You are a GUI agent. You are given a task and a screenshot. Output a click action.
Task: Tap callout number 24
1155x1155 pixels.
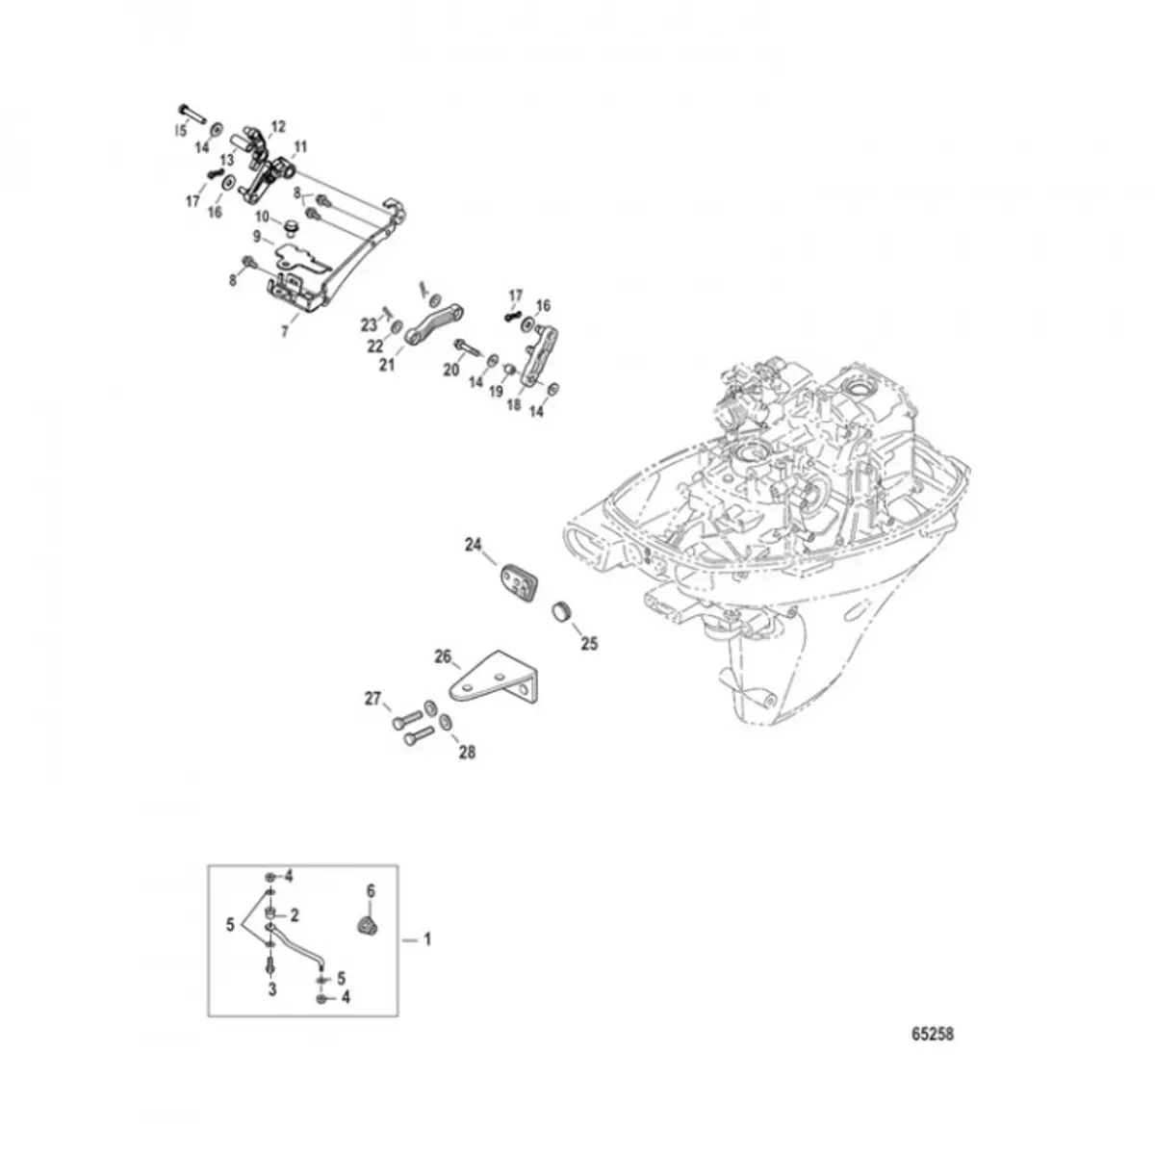(x=473, y=546)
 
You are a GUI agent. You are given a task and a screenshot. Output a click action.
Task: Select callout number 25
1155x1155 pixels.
(x=589, y=644)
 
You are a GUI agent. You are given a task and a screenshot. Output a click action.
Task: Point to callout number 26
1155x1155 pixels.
(x=443, y=657)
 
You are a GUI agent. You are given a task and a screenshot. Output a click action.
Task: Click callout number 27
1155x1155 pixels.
(x=372, y=699)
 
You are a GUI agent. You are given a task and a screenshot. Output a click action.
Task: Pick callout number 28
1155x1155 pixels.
(x=467, y=752)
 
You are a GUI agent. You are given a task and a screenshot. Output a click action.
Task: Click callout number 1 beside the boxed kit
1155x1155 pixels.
(x=428, y=937)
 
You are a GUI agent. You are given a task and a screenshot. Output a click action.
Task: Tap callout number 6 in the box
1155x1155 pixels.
(x=371, y=891)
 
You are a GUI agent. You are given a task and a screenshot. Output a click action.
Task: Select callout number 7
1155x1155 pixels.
(x=284, y=330)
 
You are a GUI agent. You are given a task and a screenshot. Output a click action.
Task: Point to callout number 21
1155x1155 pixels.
(x=387, y=365)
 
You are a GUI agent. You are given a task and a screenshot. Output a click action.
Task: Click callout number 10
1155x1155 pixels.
(x=262, y=218)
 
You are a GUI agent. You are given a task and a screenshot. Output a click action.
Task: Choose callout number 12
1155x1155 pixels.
(x=278, y=126)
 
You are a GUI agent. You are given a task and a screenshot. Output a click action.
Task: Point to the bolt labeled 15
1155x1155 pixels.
(x=192, y=112)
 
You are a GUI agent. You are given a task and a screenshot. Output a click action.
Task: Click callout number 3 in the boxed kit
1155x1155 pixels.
(x=272, y=988)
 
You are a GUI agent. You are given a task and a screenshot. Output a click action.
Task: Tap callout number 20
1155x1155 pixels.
(x=450, y=369)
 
